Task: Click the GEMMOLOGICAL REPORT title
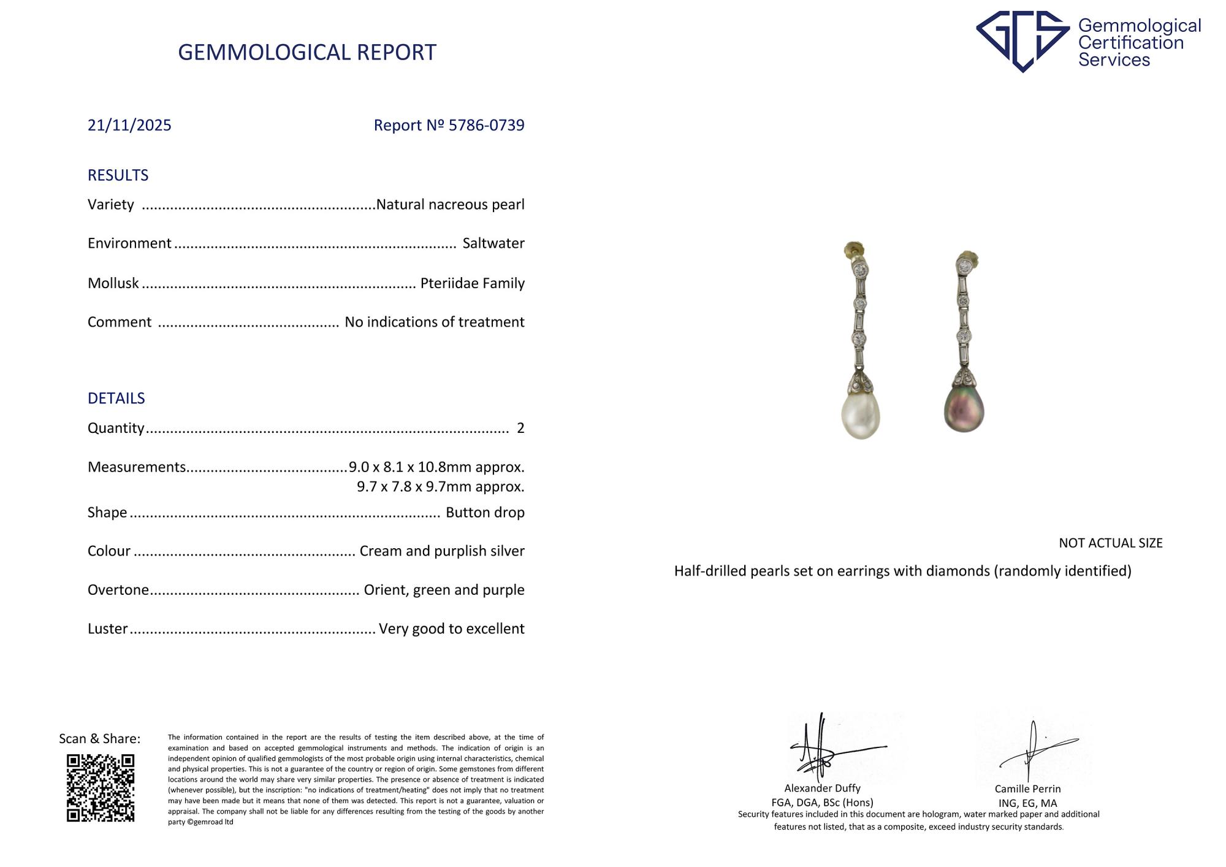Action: click(306, 53)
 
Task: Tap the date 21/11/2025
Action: click(129, 125)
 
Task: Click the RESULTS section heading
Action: click(118, 175)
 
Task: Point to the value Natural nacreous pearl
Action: click(450, 204)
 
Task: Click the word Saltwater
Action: click(493, 243)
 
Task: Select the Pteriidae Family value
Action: click(472, 283)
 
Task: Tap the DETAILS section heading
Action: click(116, 399)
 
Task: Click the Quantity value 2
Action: click(520, 428)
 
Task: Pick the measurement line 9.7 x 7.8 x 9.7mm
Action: click(440, 487)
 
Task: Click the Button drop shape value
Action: click(485, 513)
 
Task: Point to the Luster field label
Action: click(108, 629)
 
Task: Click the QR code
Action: click(101, 788)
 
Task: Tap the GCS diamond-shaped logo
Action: click(1022, 40)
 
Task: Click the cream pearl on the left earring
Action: click(860, 415)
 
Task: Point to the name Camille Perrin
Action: click(1027, 789)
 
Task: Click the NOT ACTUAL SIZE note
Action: click(1110, 543)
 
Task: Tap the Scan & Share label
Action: click(99, 739)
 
